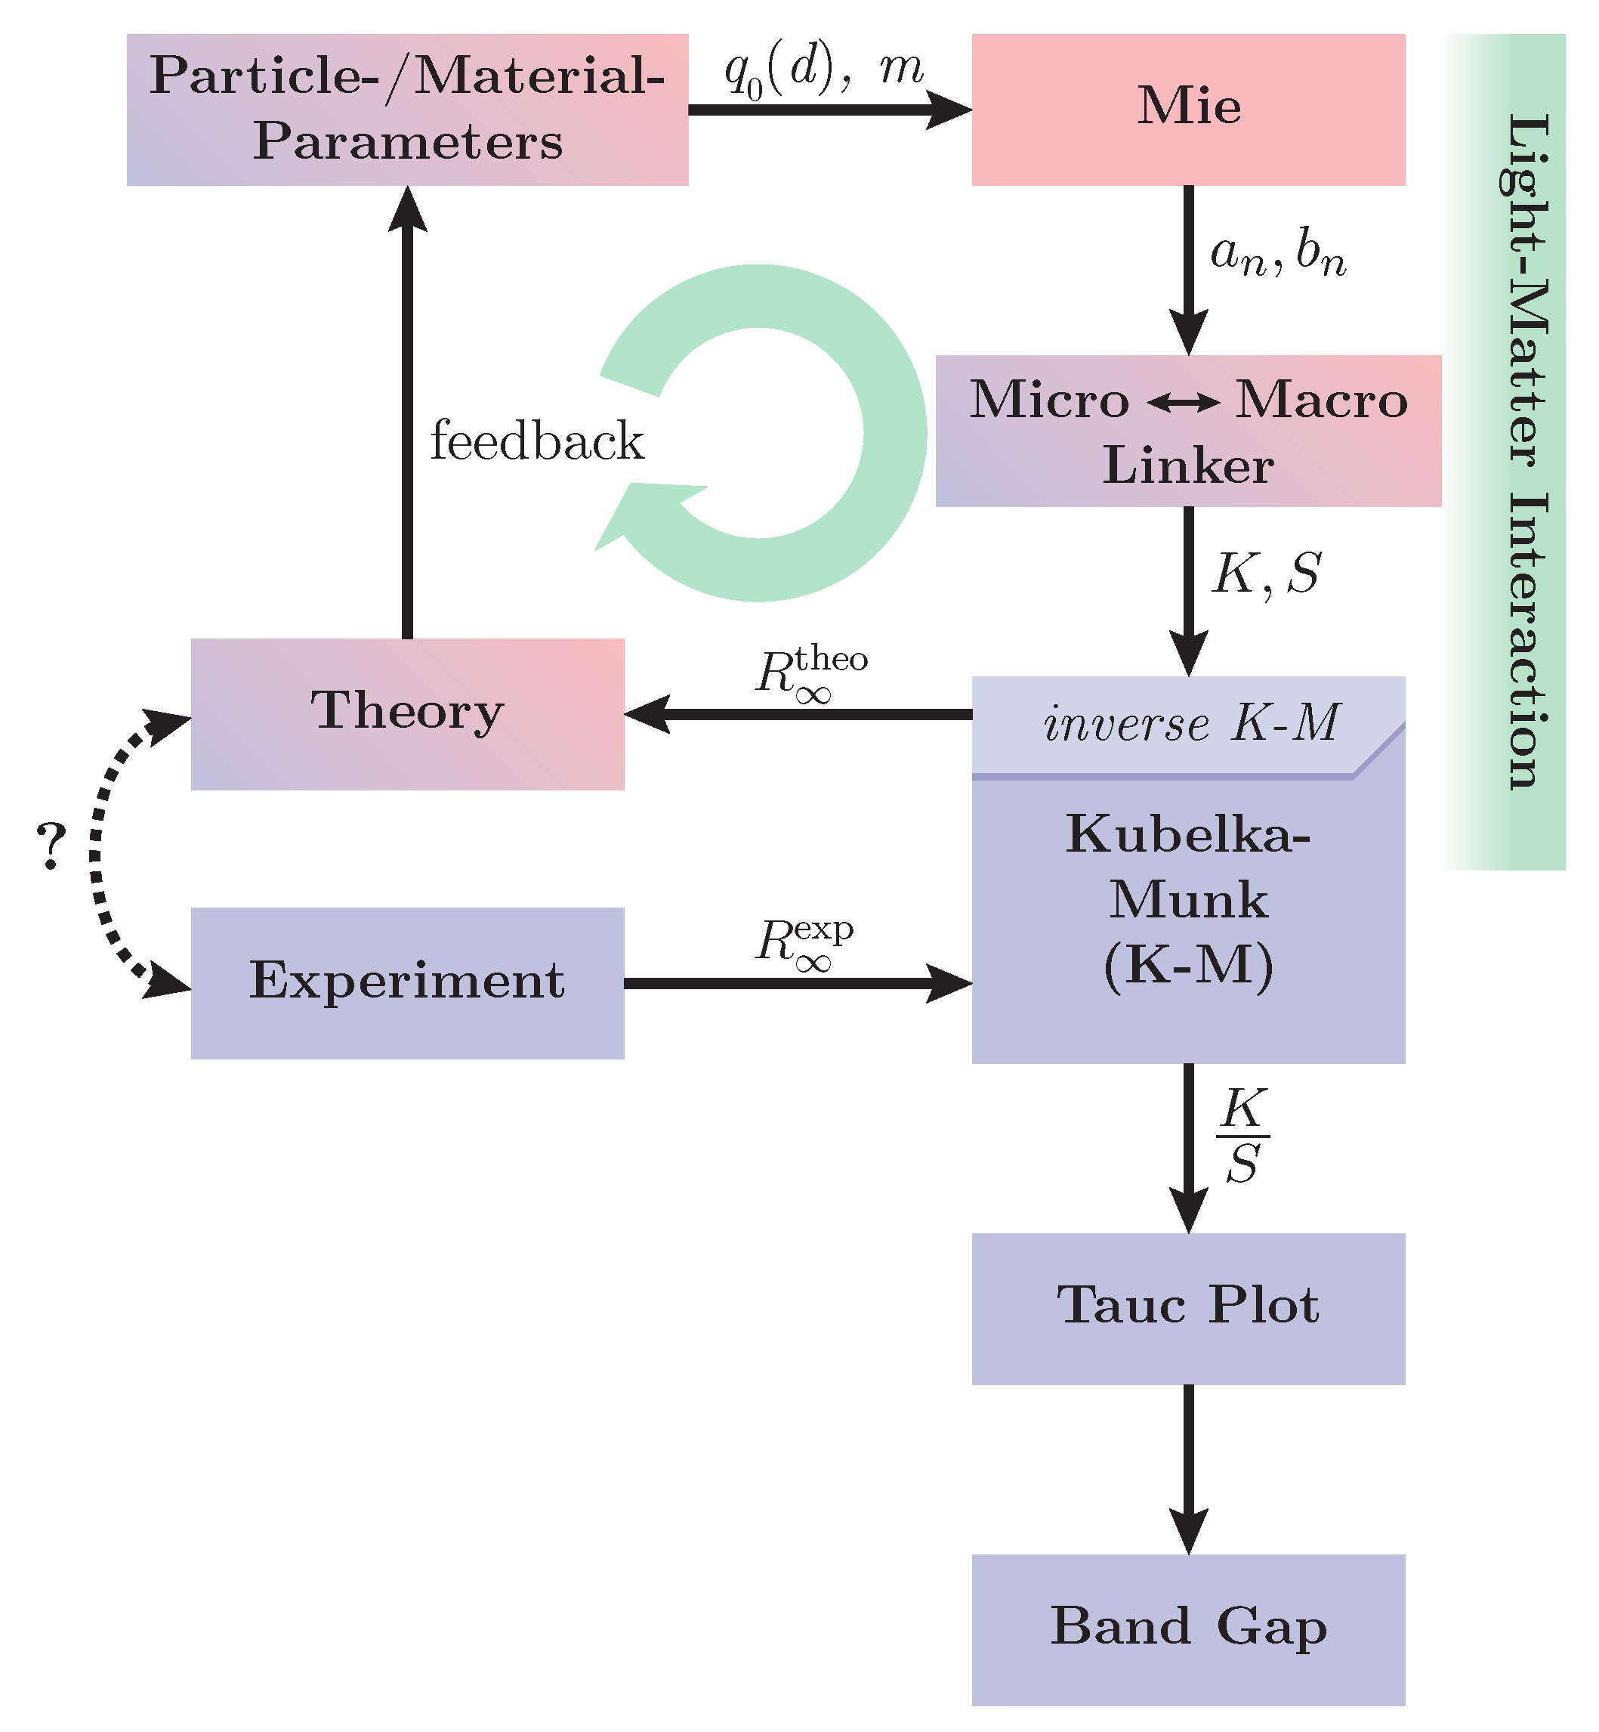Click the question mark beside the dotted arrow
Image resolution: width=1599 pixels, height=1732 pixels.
[52, 846]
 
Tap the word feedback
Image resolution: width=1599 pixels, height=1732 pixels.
[536, 441]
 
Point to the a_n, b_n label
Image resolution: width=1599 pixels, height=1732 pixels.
[1277, 255]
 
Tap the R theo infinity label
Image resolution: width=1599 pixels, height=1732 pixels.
[810, 673]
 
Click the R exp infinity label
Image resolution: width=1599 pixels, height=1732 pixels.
[804, 942]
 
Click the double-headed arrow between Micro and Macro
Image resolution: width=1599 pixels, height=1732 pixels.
[1183, 403]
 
